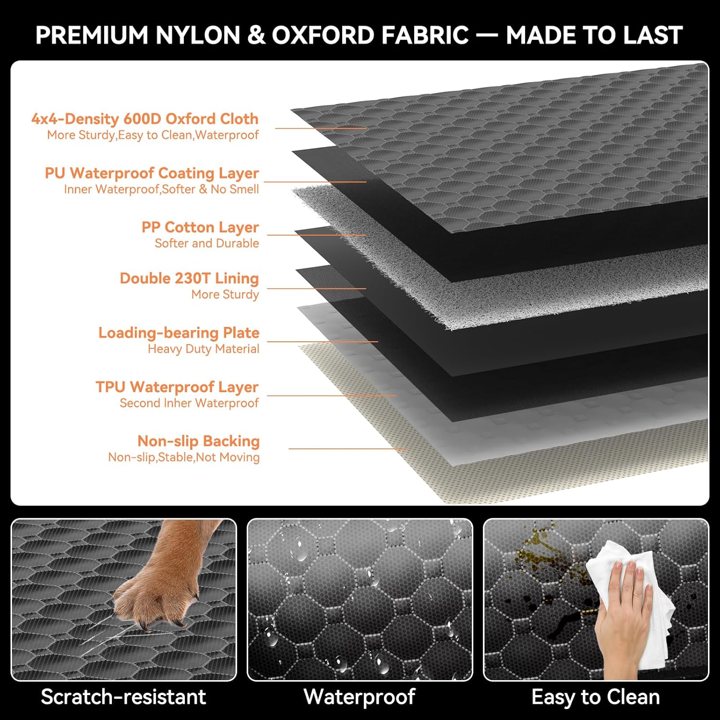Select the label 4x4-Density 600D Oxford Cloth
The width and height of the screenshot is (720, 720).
(145, 119)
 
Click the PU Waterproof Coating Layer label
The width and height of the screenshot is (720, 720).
(152, 173)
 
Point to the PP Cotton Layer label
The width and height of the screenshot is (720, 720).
(200, 227)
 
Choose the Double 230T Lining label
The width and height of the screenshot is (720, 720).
(189, 278)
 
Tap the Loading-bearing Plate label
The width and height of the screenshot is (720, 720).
(179, 333)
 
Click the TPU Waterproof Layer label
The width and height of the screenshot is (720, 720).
(177, 387)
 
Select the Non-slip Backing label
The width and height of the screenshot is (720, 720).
(198, 441)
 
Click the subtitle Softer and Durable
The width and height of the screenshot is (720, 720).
(207, 243)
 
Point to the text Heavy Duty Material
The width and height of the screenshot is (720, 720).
(204, 349)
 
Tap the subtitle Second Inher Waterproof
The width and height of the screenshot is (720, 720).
(189, 403)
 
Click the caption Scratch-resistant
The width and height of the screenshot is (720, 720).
(123, 697)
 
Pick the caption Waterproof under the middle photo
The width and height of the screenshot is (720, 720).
(360, 697)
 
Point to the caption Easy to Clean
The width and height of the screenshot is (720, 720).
(596, 697)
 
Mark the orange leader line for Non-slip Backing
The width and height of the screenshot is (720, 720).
(348, 449)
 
